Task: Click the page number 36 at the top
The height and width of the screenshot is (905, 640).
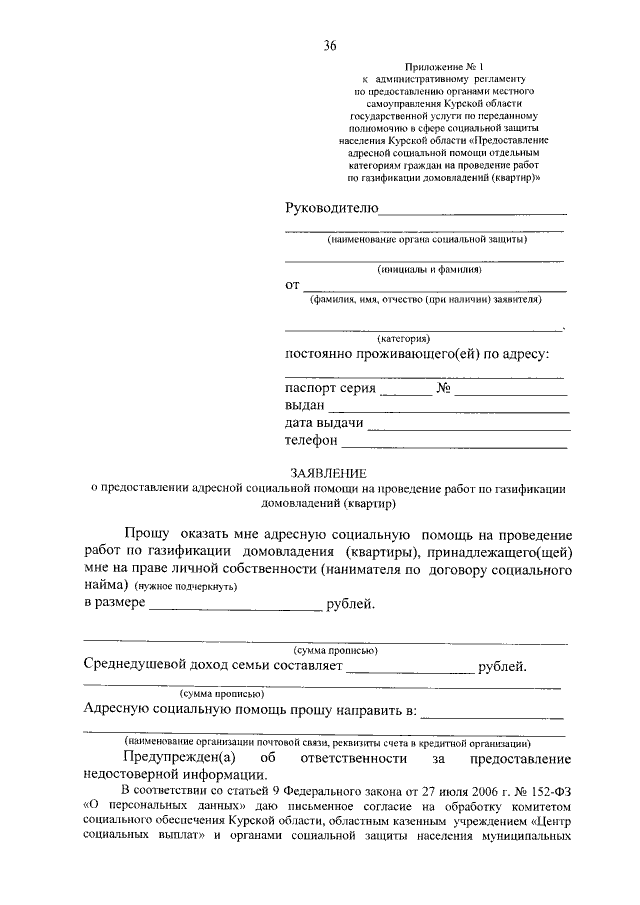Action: pyautogui.click(x=330, y=46)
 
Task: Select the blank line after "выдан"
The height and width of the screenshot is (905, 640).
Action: pyautogui.click(x=449, y=411)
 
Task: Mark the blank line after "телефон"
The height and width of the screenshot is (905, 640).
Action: pyautogui.click(x=456, y=445)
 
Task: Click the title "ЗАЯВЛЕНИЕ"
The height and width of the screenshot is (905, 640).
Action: pyautogui.click(x=328, y=472)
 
